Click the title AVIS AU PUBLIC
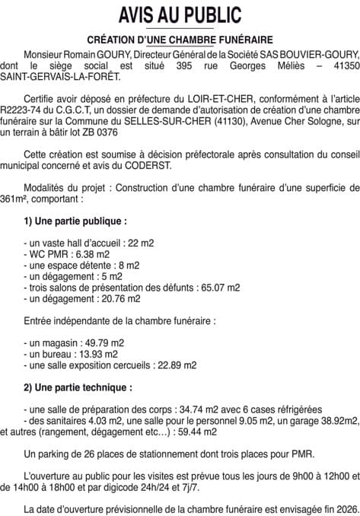180,14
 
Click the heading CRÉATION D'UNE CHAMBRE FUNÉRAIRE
180,39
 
